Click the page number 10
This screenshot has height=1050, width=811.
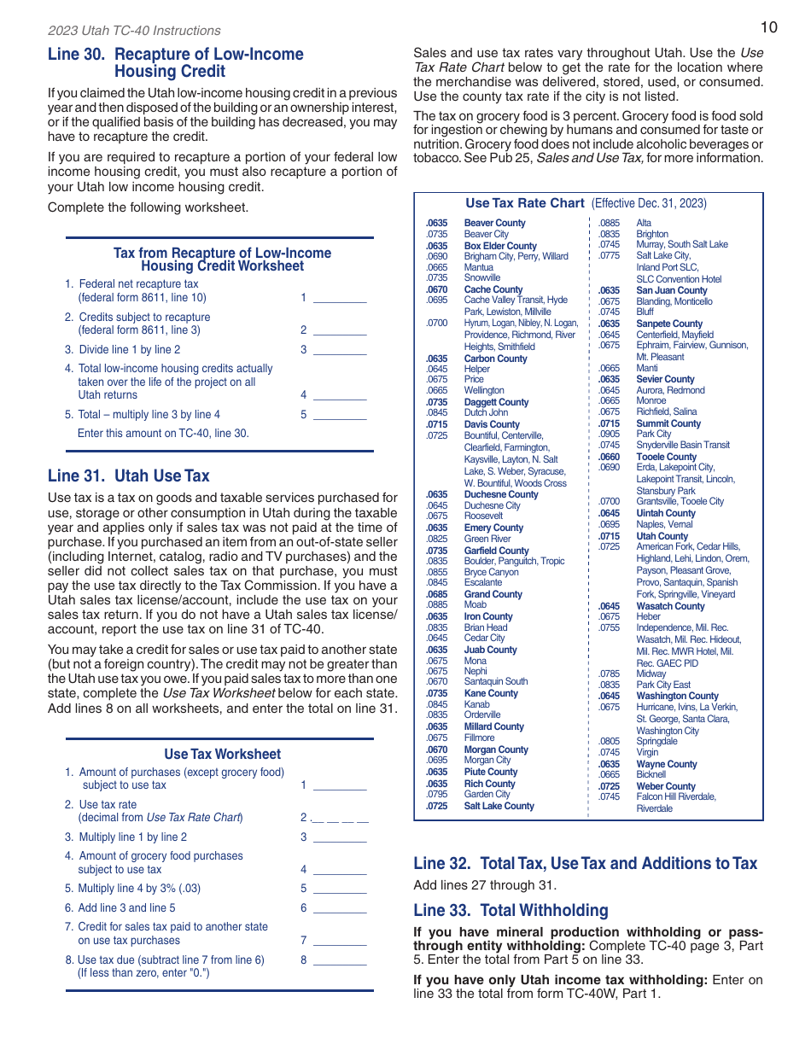768,27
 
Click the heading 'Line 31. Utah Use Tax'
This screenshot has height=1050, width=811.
128,476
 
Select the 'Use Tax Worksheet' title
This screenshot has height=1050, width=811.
222,754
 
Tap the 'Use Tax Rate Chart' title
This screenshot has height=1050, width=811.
525,203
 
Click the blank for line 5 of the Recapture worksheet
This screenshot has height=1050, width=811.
340,415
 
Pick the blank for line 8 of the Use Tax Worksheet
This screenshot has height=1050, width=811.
340,960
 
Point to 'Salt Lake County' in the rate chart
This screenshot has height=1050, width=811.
499,806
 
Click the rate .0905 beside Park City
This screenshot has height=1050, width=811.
609,434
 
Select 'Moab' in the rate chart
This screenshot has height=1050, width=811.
476,604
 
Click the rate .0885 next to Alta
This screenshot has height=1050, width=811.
609,223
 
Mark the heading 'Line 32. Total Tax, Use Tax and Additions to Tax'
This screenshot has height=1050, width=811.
585,863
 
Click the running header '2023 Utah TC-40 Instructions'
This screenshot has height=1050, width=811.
134,31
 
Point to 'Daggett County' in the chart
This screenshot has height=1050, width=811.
496,402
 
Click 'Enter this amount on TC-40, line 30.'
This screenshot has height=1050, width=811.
163,433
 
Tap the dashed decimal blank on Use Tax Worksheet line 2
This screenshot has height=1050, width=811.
340,818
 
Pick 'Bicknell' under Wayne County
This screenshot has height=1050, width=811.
651,774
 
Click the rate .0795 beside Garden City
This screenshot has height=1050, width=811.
437,794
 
